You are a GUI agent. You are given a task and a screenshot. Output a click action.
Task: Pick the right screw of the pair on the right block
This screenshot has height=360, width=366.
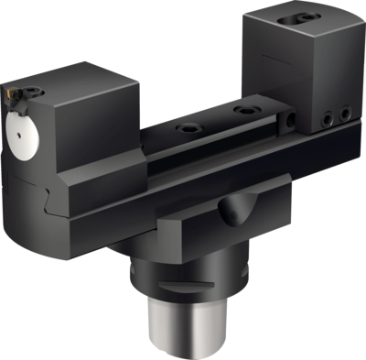click(x=345, y=113)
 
